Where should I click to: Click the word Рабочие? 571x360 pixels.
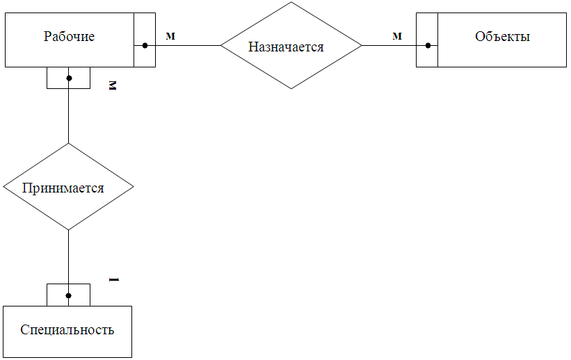click(x=69, y=37)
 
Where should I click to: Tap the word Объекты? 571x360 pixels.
click(x=502, y=37)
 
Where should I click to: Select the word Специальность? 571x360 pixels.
click(x=67, y=329)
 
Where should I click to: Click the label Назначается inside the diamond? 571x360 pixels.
click(x=286, y=47)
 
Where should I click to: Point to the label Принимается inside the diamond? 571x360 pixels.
click(x=63, y=188)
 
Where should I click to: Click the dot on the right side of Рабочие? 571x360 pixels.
click(x=145, y=46)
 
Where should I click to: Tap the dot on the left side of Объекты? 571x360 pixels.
click(x=428, y=46)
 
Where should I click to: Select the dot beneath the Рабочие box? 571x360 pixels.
click(x=69, y=78)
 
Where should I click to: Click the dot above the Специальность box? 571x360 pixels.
click(x=69, y=295)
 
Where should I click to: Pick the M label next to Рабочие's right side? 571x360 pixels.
click(x=170, y=36)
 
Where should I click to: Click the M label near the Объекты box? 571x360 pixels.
click(x=397, y=36)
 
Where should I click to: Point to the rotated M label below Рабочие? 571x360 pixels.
click(x=113, y=85)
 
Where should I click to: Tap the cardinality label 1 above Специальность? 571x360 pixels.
click(x=114, y=279)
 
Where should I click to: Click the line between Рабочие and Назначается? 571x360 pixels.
click(x=188, y=46)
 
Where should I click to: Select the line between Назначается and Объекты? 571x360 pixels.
click(x=389, y=46)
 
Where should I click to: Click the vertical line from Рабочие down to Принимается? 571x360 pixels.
click(x=69, y=115)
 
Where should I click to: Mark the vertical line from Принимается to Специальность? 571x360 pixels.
click(x=69, y=257)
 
